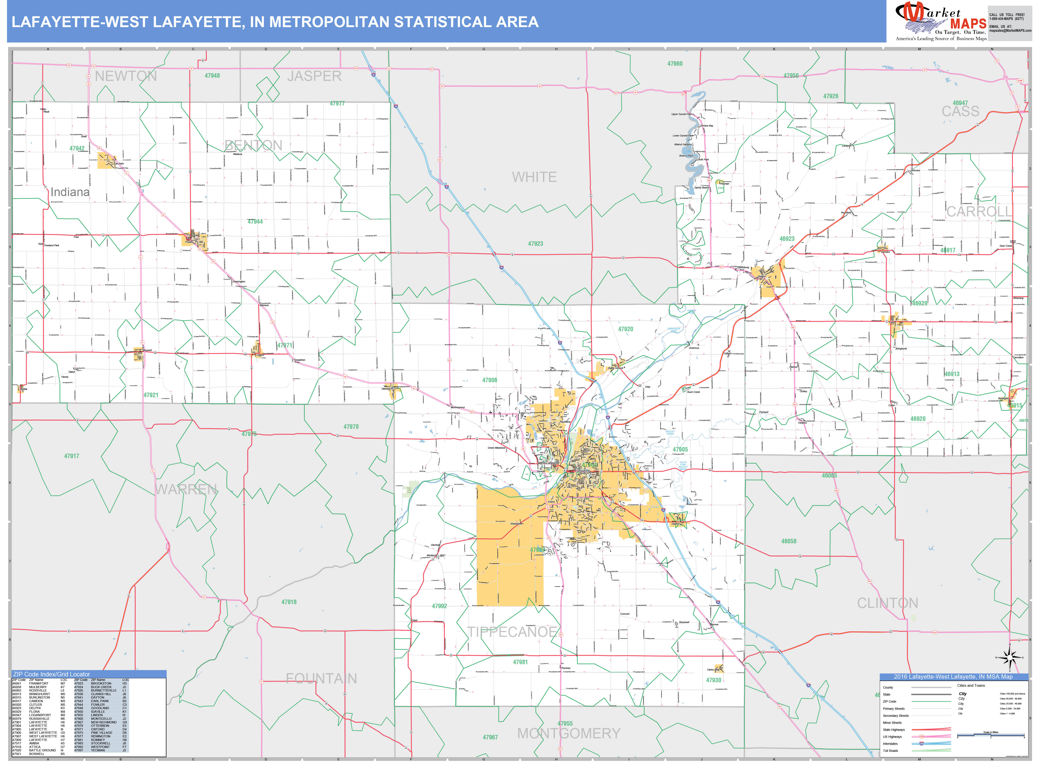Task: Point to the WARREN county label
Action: point(186,489)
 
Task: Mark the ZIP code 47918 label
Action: point(289,602)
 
